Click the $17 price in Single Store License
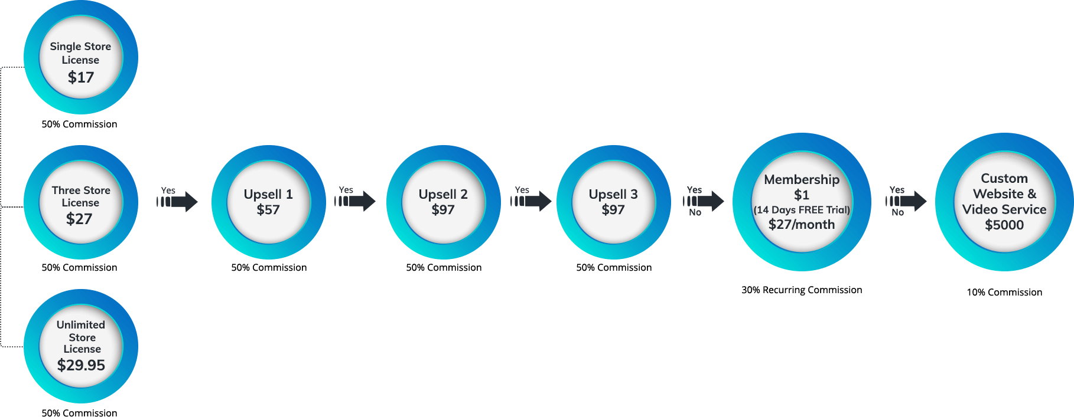(x=81, y=77)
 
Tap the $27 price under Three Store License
(x=79, y=219)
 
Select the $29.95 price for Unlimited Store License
(x=81, y=366)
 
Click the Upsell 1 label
(x=268, y=194)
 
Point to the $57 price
(x=268, y=210)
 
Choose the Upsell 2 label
(x=443, y=194)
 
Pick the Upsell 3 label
(x=613, y=194)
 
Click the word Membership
(x=802, y=179)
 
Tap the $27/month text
(x=802, y=225)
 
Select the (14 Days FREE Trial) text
(x=802, y=210)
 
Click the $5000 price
(x=1004, y=225)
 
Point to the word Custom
(x=1004, y=178)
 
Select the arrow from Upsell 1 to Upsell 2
(x=356, y=202)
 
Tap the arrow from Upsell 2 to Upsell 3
(x=532, y=202)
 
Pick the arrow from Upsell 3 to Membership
(x=704, y=201)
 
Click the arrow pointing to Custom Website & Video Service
(x=907, y=201)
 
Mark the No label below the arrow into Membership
(x=695, y=213)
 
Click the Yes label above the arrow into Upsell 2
(x=346, y=190)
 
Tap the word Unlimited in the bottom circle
(x=81, y=325)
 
